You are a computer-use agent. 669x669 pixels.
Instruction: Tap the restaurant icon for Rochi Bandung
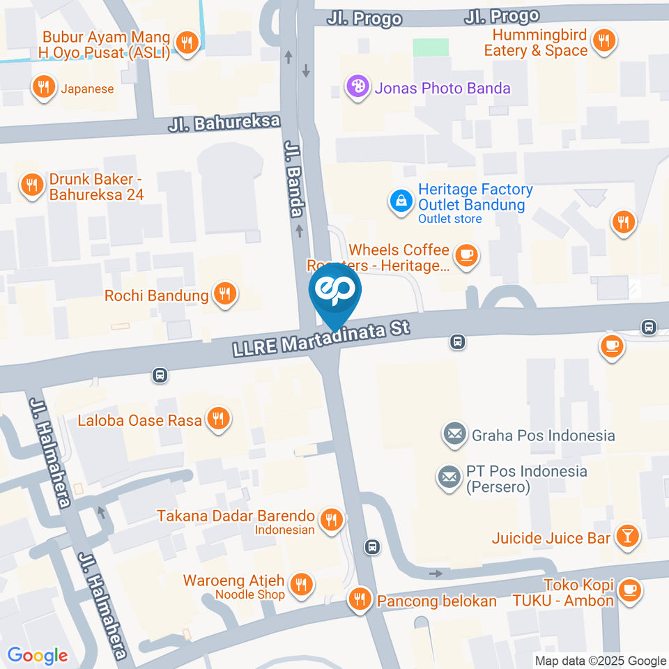coord(224,294)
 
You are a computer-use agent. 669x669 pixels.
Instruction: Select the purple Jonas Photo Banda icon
coord(357,88)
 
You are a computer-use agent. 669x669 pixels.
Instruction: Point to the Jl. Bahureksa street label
coord(224,123)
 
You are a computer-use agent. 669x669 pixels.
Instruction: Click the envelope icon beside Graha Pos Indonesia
coord(454,435)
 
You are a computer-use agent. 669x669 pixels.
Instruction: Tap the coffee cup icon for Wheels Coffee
coord(466,256)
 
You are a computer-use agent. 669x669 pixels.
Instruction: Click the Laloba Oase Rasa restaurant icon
coord(219,419)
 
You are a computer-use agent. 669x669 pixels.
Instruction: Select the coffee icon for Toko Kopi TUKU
coord(630,589)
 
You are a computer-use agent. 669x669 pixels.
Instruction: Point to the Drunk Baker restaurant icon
coord(31,185)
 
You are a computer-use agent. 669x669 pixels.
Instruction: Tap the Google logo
coord(38,656)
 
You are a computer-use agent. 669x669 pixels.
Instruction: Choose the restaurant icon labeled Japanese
coord(43,87)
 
